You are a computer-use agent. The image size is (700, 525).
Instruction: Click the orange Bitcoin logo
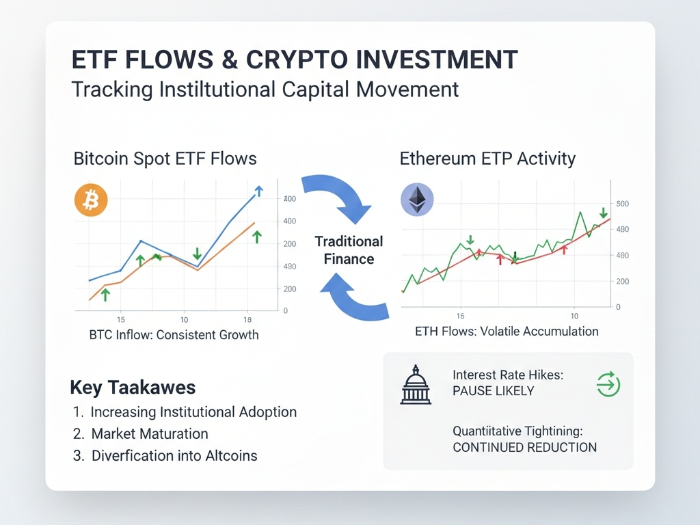[x=91, y=200]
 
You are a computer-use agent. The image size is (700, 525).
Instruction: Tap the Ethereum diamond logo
[x=418, y=199]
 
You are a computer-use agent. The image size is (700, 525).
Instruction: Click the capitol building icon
[x=416, y=384]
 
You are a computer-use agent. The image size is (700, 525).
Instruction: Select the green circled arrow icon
[x=608, y=384]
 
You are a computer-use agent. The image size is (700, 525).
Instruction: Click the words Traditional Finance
[x=349, y=250]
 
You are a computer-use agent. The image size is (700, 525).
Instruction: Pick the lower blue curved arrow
[x=355, y=297]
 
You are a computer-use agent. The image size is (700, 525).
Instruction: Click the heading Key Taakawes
[x=133, y=388]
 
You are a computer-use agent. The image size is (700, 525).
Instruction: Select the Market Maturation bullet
[x=150, y=433]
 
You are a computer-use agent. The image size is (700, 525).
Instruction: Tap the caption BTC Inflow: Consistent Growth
[x=174, y=335]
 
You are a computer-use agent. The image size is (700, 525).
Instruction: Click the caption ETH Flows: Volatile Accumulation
[x=507, y=332]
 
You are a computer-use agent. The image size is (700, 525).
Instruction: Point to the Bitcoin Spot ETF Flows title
[x=165, y=159]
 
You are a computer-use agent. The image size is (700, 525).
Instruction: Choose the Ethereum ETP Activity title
[x=487, y=159]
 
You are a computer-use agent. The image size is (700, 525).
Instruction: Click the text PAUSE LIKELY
[x=494, y=391]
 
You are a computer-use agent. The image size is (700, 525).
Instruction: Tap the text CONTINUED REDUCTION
[x=524, y=447]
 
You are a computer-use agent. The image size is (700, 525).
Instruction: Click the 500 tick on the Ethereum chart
[x=622, y=204]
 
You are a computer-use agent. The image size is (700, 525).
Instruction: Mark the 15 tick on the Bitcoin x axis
[x=120, y=320]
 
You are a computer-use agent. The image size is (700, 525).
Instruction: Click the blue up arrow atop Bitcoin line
[x=259, y=191]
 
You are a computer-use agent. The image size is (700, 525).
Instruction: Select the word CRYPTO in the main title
[x=297, y=59]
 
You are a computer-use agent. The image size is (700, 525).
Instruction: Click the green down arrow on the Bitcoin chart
[x=197, y=254]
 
